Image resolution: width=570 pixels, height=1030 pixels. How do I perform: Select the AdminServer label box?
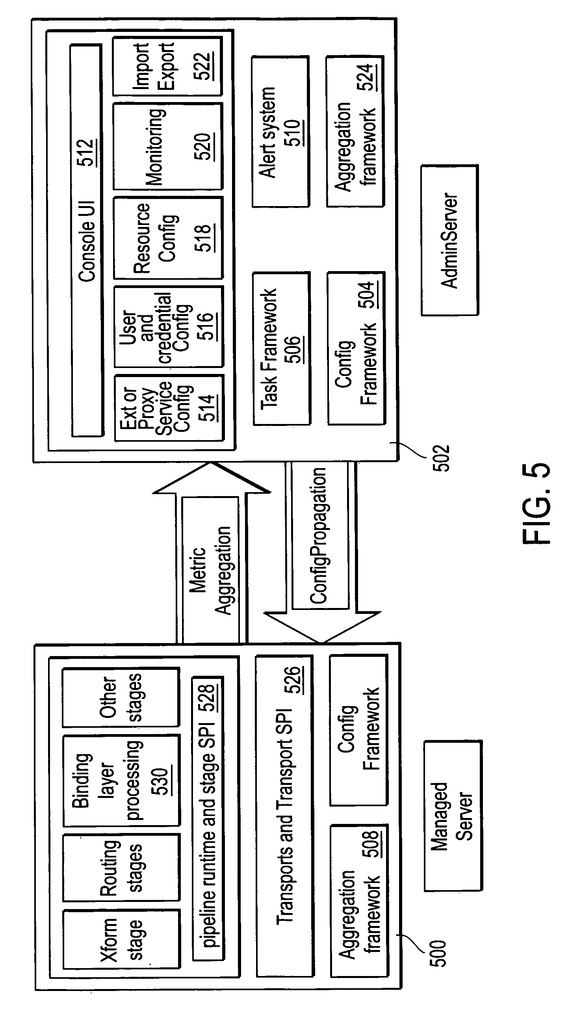[x=449, y=240]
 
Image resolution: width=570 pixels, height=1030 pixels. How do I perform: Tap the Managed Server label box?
[x=453, y=816]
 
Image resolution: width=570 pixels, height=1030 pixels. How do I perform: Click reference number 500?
[x=438, y=953]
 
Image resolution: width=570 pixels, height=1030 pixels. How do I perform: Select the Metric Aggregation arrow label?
[x=211, y=570]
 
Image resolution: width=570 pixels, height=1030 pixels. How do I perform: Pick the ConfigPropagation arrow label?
[x=319, y=536]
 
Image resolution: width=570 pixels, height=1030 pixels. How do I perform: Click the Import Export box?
[x=167, y=66]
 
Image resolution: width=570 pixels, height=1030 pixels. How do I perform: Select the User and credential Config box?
[x=168, y=327]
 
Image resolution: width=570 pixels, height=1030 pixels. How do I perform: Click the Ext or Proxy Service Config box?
[x=169, y=408]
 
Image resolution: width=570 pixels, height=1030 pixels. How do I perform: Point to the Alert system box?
[x=280, y=132]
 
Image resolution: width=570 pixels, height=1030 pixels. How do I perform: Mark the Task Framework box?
[x=281, y=348]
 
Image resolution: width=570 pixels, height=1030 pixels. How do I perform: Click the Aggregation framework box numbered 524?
[x=355, y=132]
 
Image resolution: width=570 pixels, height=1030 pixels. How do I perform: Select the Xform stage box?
[x=121, y=939]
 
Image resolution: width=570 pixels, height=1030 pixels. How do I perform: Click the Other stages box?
[x=120, y=697]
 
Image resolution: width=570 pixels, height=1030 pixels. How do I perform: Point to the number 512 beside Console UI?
[x=87, y=152]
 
